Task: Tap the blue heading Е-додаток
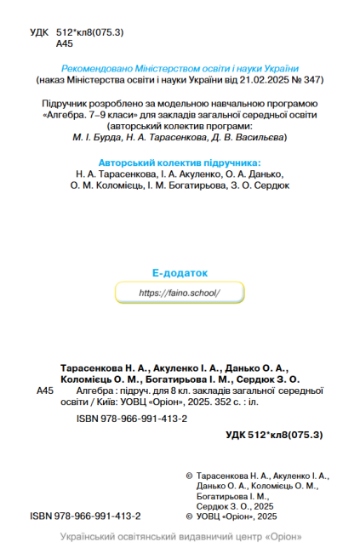[x=179, y=273]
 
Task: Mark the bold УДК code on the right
[x=274, y=436]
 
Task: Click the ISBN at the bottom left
[x=85, y=516]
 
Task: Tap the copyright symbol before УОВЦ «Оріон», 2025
[x=189, y=516]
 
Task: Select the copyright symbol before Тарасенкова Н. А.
[x=189, y=476]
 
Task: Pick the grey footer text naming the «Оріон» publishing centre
[x=180, y=538]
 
